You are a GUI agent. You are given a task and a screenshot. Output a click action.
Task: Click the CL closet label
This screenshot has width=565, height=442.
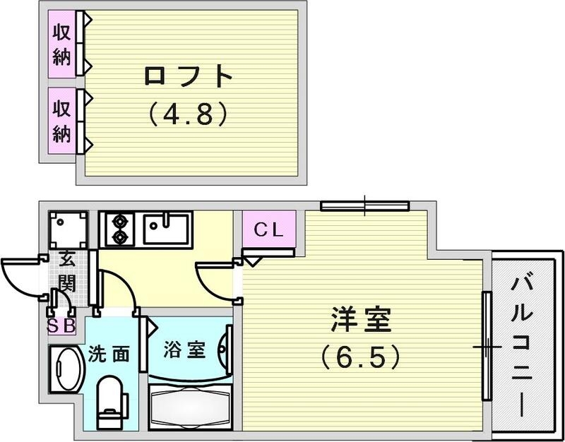pos(268,229)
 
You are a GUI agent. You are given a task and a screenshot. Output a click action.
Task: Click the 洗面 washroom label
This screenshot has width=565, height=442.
pos(109,354)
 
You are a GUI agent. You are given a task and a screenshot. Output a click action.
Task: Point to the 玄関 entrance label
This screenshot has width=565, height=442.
pos(68,272)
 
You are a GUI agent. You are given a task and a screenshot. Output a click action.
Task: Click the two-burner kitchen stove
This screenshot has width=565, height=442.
pos(118,229)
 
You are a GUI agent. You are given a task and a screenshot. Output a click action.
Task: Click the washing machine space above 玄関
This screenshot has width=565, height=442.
pos(68,229)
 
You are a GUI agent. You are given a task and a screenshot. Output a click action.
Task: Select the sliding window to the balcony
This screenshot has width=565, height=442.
pos(487,346)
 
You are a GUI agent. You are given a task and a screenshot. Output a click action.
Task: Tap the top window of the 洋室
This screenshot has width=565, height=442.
pos(364,206)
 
